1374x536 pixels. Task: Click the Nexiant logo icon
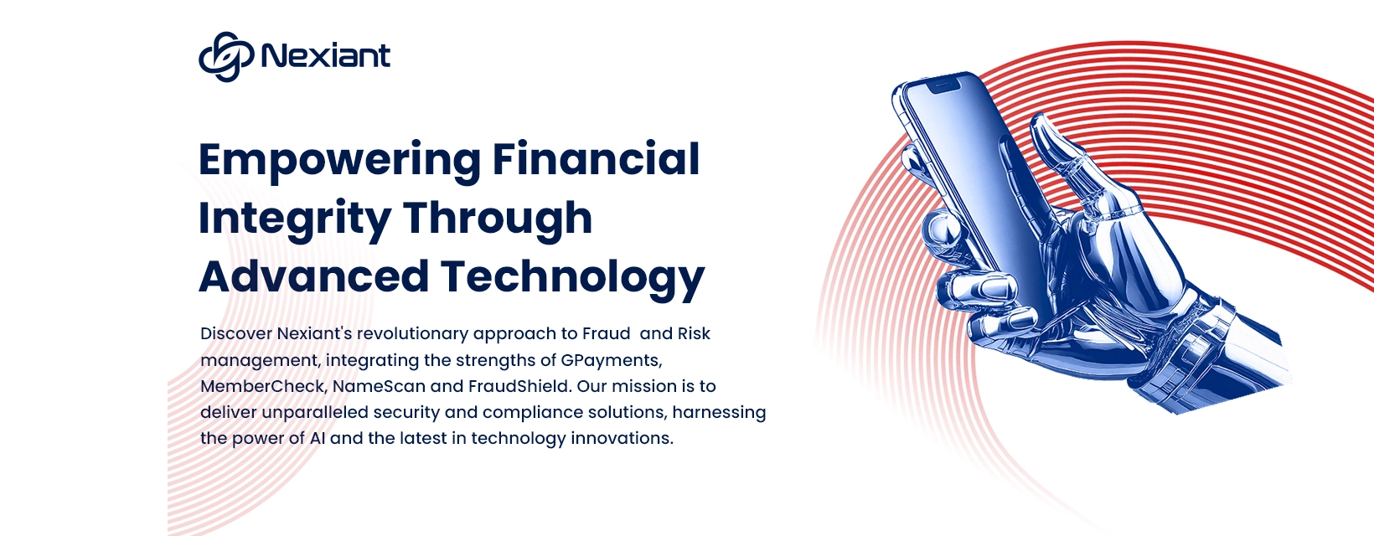click(225, 56)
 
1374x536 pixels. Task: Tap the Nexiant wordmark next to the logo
click(326, 56)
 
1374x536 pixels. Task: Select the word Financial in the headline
click(596, 158)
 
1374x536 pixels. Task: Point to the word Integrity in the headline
click(295, 219)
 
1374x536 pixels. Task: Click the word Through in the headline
click(498, 219)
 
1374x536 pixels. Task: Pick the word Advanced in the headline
click(313, 276)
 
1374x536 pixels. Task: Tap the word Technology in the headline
click(573, 279)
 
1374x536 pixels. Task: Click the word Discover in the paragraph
click(236, 333)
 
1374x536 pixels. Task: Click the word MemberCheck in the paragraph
click(262, 386)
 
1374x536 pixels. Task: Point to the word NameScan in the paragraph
click(379, 386)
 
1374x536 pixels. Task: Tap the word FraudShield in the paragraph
click(519, 386)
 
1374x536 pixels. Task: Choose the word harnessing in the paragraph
click(719, 413)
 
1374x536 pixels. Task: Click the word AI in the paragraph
click(318, 439)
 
